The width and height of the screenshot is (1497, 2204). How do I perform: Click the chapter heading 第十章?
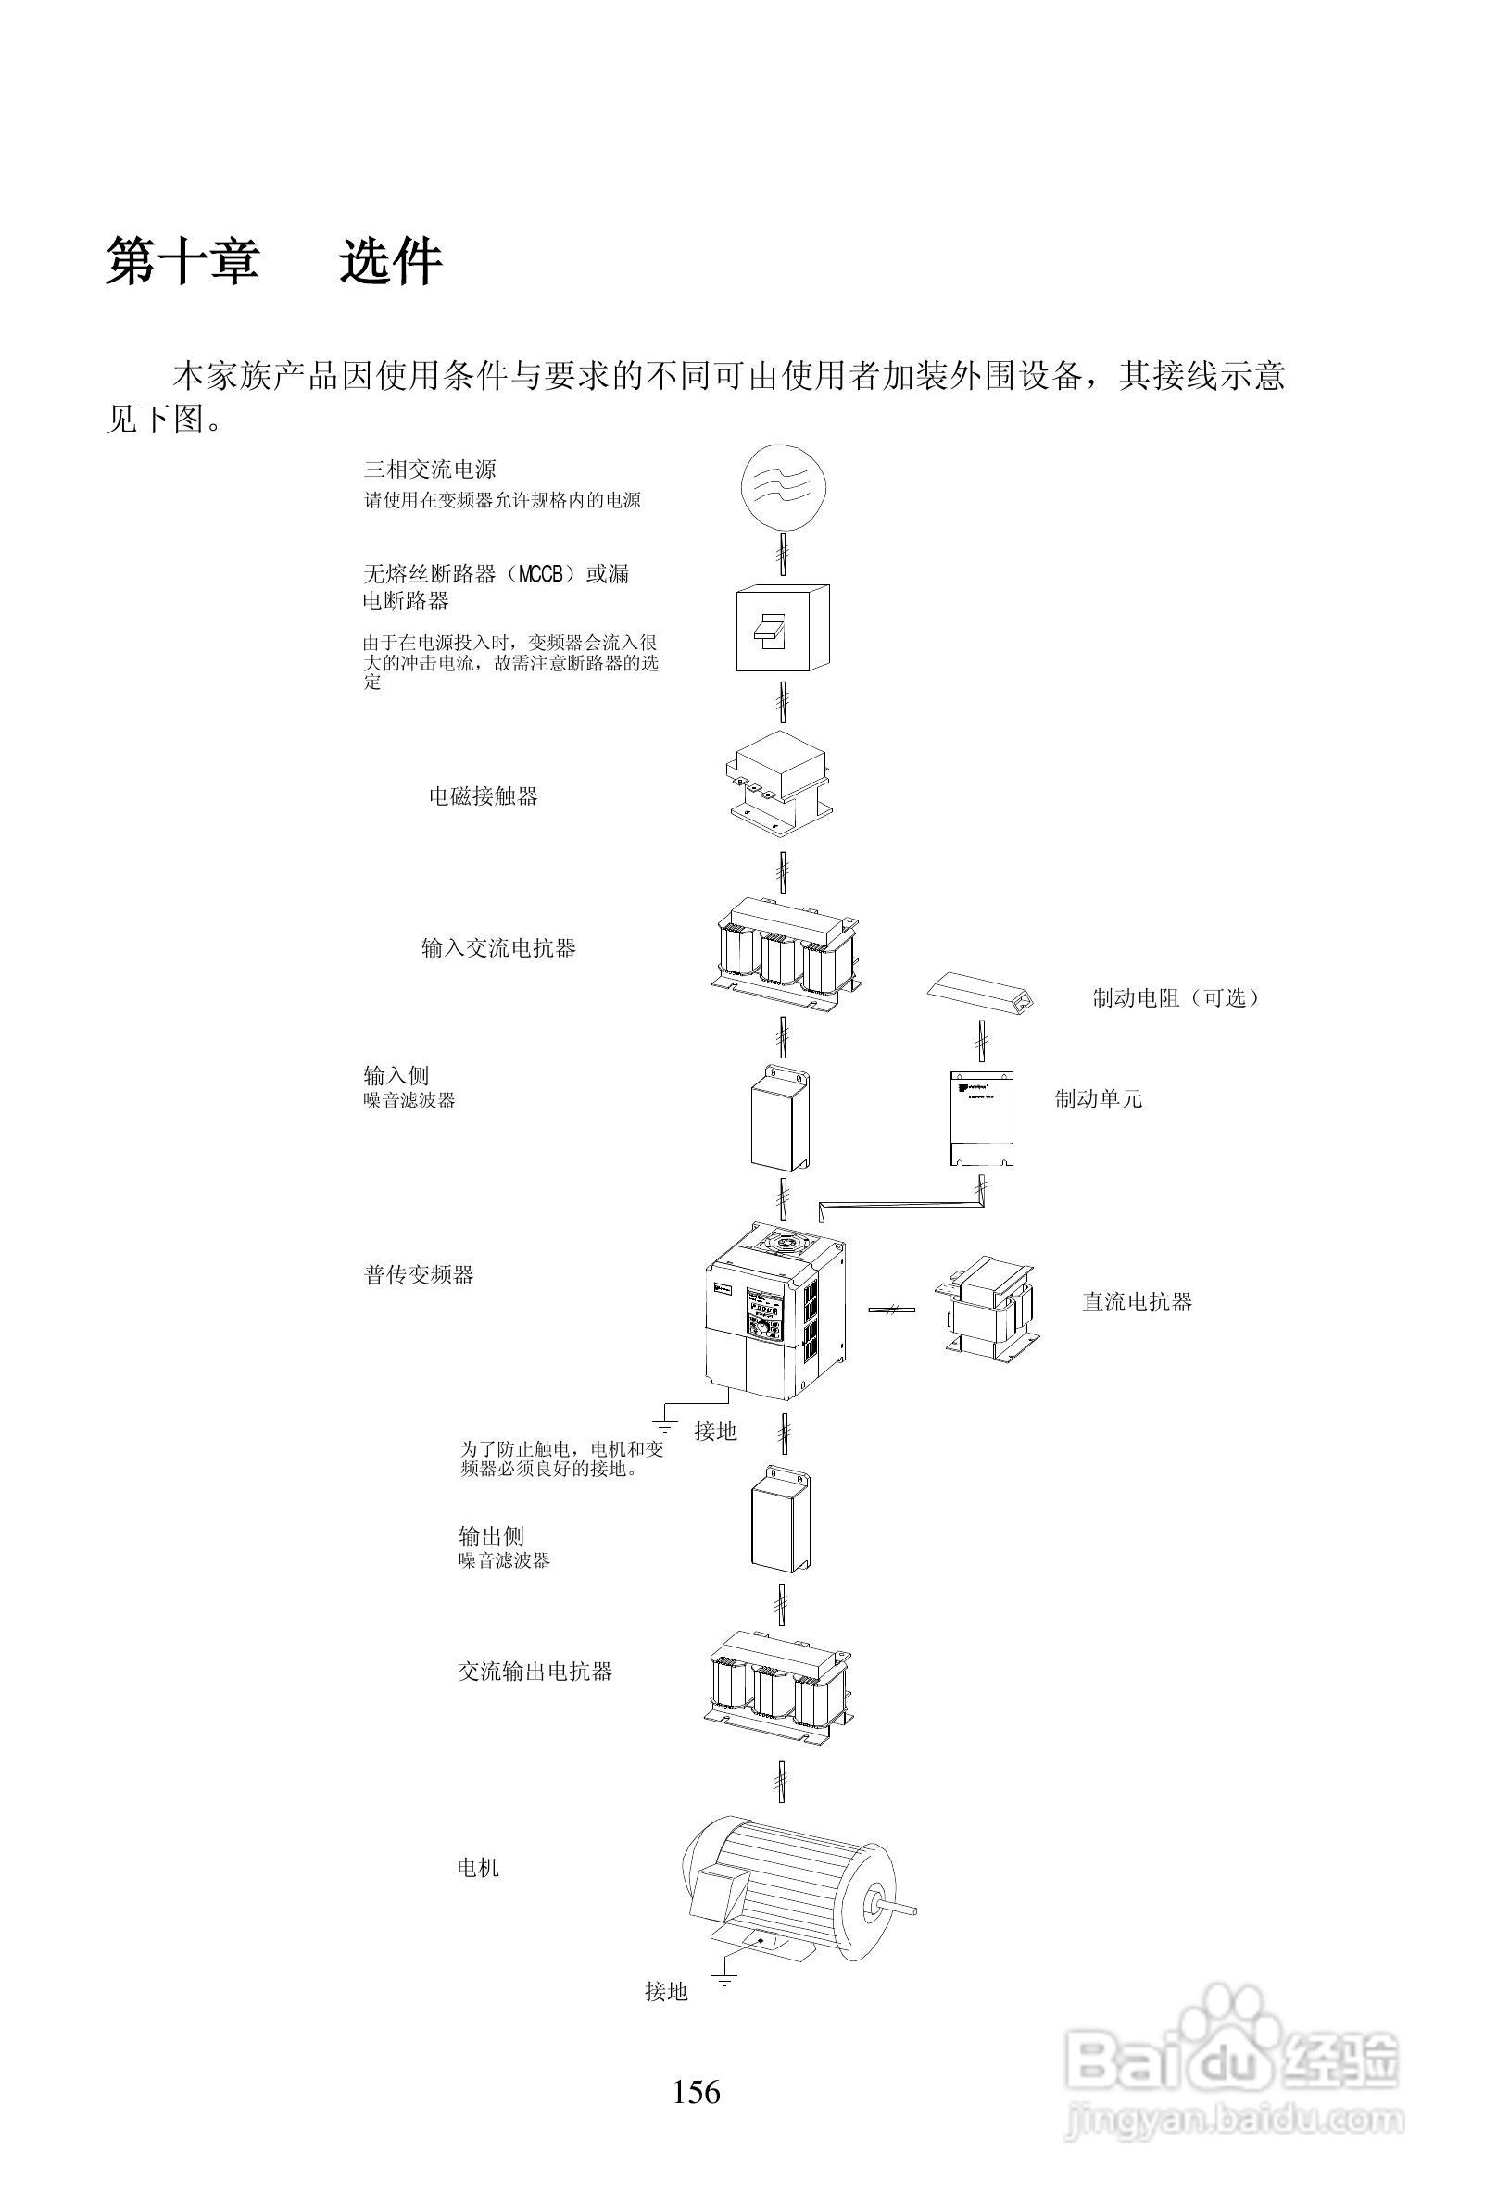[x=182, y=262]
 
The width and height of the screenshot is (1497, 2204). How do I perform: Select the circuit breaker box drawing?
[x=783, y=628]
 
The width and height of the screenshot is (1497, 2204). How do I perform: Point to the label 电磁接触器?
[x=483, y=796]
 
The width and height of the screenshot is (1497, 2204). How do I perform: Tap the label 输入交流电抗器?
[x=499, y=948]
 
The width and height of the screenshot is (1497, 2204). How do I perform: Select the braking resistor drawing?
[x=979, y=993]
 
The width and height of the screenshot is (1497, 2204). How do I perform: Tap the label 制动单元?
[x=1099, y=1099]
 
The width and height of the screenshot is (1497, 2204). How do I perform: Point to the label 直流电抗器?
[x=1137, y=1302]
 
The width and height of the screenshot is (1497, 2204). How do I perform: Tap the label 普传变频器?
[x=419, y=1274]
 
